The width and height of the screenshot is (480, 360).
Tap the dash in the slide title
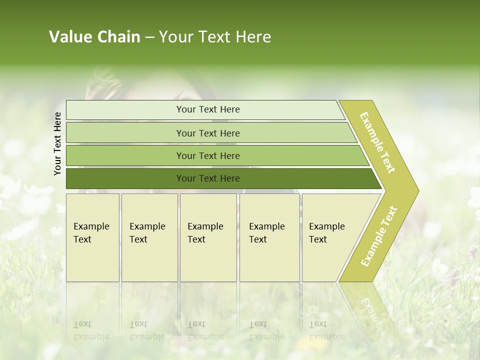tap(149, 37)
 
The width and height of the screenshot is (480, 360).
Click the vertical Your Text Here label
tap(57, 143)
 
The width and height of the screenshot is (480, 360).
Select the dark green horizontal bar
tap(208, 178)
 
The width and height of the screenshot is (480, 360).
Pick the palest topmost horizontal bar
tap(208, 109)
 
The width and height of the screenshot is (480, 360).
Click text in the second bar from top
tap(208, 133)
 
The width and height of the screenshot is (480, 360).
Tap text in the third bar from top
tap(208, 155)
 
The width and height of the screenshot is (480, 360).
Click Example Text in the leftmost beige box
tap(91, 233)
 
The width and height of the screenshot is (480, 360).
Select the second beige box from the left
tap(149, 237)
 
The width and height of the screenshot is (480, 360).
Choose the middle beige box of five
tap(207, 237)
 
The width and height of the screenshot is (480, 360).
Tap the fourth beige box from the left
tap(269, 237)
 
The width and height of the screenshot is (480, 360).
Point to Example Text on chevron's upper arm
tap(377, 142)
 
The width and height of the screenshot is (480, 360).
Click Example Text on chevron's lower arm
tap(379, 236)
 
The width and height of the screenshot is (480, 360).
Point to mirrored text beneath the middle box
tap(205, 330)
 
